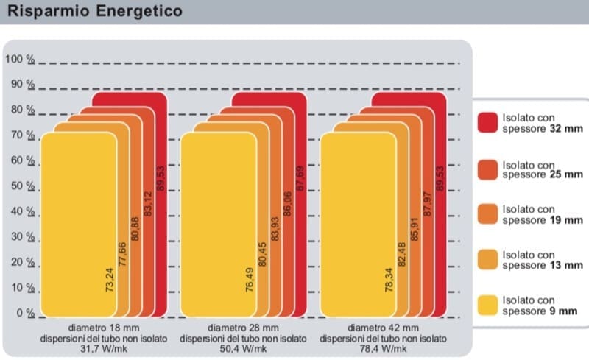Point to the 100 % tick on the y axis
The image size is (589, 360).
tap(20, 60)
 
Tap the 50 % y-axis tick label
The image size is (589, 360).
tap(23, 186)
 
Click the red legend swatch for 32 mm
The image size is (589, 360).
tap(487, 122)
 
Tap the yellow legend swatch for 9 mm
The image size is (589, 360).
tap(487, 306)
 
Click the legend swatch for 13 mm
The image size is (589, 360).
tap(487, 260)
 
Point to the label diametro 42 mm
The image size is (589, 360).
tap(384, 328)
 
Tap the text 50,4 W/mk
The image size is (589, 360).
tap(242, 349)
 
